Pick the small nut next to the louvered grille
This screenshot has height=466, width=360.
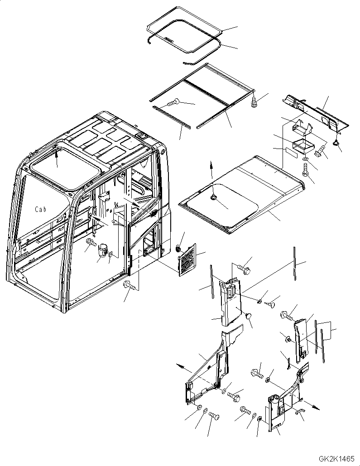pos(178,248)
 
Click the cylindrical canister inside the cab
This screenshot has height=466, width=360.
pos(103,250)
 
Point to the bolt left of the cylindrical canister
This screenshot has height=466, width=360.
pos(91,243)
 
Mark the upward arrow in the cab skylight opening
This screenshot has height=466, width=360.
pos(57,159)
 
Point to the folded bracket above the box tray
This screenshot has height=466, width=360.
pos(302,127)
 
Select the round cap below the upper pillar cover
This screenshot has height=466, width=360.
pos(249,316)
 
